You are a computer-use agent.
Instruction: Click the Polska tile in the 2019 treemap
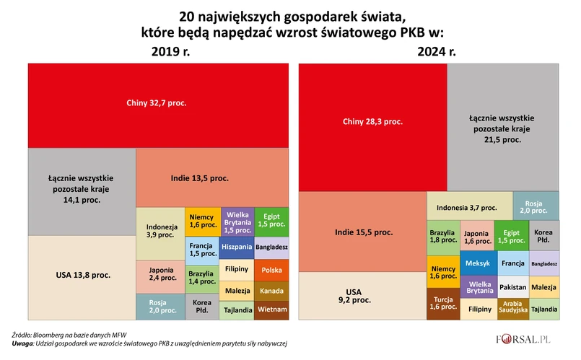[x=272, y=270]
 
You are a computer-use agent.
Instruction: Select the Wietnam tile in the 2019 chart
[x=272, y=310]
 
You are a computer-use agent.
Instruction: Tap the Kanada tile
[x=272, y=291]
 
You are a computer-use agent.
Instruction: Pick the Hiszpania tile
[x=237, y=247]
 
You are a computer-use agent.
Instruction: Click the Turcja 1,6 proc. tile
[x=442, y=303]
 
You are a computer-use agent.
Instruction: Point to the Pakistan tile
[x=513, y=286]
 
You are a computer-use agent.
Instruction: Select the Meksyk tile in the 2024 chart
[x=478, y=263]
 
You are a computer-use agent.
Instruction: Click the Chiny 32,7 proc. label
[x=157, y=103]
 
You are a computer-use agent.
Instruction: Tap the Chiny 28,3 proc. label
[x=372, y=122]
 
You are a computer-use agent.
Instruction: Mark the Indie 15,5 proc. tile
[x=363, y=232]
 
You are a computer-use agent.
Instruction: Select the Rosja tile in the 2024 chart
[x=536, y=205]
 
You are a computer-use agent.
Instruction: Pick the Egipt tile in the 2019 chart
[x=271, y=221]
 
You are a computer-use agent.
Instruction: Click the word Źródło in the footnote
[x=24, y=335]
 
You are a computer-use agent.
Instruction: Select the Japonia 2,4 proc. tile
[x=160, y=275]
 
